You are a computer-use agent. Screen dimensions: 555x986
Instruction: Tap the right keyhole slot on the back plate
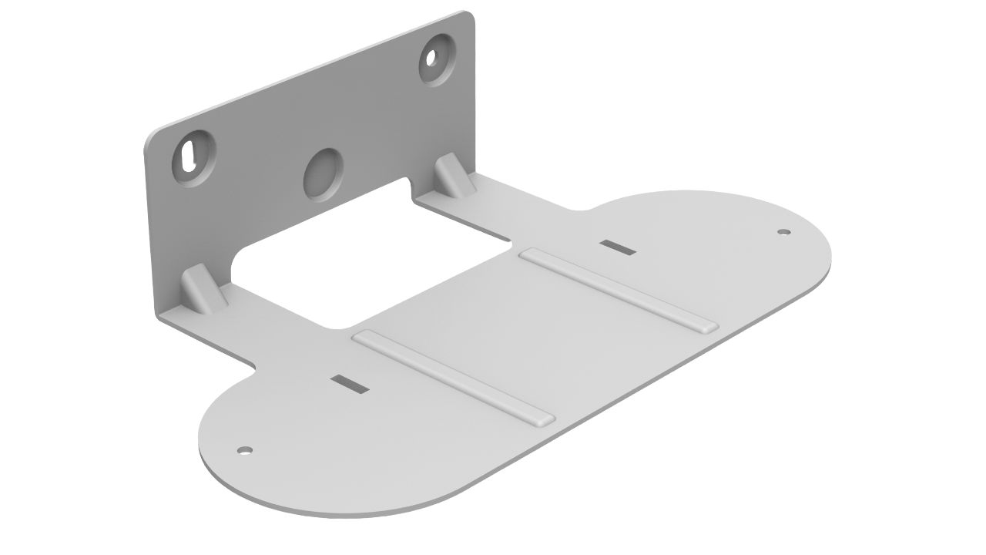[434, 58]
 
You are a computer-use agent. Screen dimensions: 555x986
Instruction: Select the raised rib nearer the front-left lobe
[452, 377]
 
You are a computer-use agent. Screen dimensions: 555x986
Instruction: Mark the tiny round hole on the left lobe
[245, 449]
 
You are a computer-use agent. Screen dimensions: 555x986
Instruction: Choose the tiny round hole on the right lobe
[783, 230]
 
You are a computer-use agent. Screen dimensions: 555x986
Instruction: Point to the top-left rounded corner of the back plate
[151, 139]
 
